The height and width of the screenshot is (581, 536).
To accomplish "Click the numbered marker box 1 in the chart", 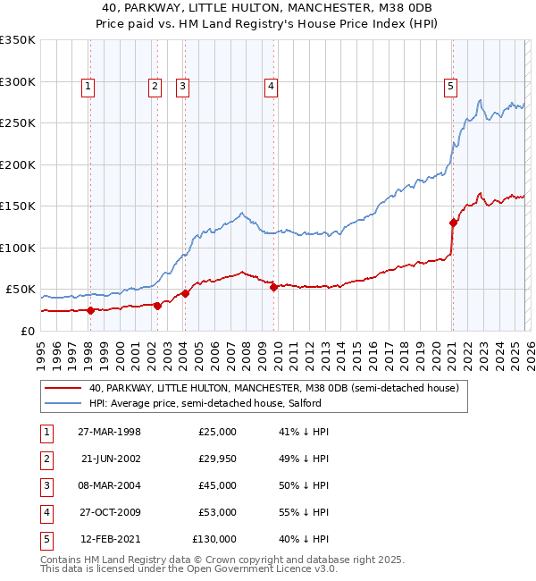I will point(88,87).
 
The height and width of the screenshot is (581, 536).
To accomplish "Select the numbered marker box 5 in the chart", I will point(450,87).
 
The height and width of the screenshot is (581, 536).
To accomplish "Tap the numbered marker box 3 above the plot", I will point(182,87).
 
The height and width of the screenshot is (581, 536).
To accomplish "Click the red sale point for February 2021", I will point(453,223).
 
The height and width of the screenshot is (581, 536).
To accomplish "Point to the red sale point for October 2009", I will point(273,287).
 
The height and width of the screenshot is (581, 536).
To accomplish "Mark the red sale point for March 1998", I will point(90,310).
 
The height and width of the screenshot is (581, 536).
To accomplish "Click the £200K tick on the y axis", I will point(18,164).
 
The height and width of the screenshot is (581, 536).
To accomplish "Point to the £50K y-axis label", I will point(20,290).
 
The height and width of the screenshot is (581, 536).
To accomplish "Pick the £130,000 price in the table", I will point(214,539).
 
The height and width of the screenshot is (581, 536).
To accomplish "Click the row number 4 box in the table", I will point(44,512).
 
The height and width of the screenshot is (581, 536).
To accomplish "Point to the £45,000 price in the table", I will point(217,485).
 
